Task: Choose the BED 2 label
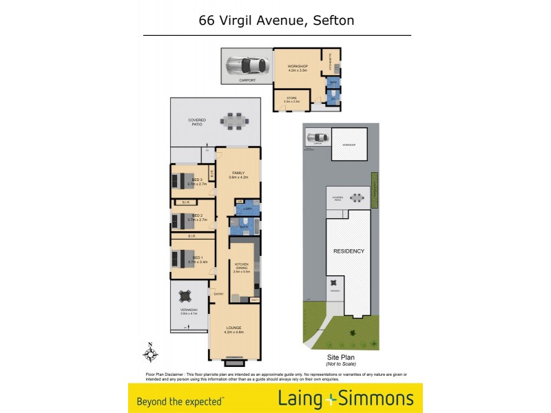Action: [198, 215]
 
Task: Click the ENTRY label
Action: [219, 295]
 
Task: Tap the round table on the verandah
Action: [186, 297]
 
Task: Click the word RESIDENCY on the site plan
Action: [349, 251]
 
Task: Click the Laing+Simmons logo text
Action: [345, 399]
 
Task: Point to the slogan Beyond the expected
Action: [180, 400]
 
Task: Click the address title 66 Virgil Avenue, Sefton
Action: [276, 20]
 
